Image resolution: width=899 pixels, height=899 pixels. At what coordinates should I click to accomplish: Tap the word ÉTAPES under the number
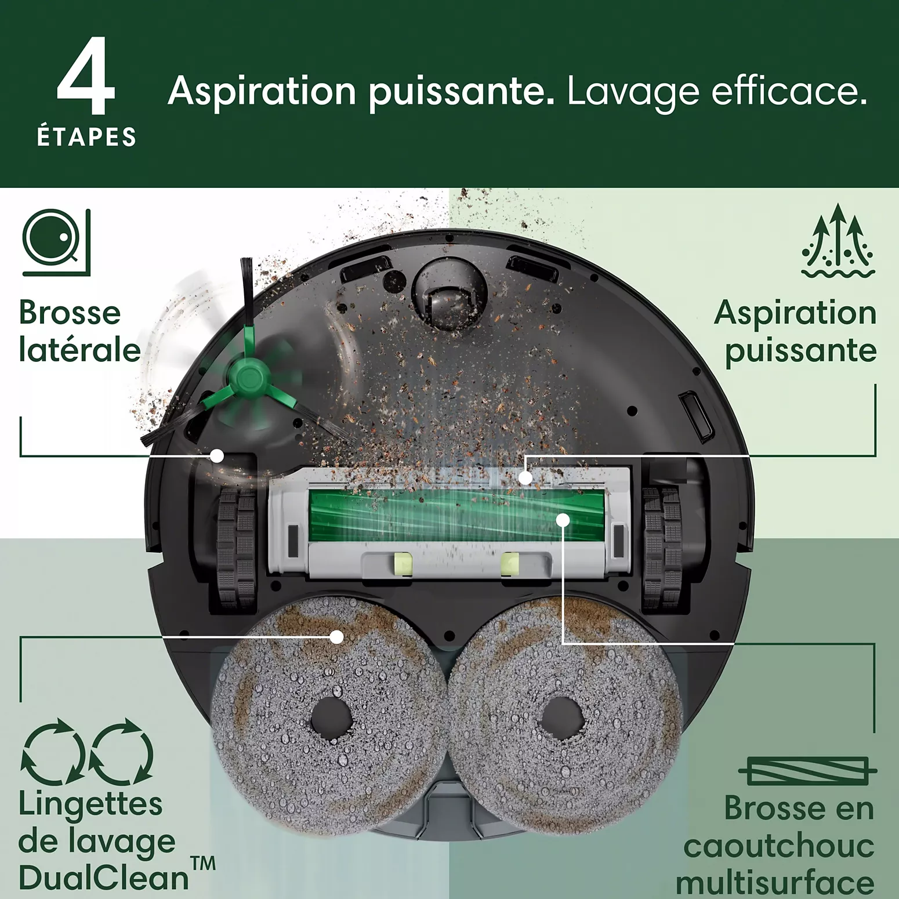[x=86, y=137]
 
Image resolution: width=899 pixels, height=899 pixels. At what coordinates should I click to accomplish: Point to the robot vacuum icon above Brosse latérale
[x=56, y=242]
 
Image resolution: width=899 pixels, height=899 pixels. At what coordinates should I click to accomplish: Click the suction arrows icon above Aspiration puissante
[x=838, y=241]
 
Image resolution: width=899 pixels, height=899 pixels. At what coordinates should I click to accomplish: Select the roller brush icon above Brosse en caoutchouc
[x=807, y=771]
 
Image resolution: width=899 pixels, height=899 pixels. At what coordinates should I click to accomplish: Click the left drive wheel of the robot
[x=237, y=548]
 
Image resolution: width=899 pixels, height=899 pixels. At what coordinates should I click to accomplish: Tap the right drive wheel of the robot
[x=662, y=548]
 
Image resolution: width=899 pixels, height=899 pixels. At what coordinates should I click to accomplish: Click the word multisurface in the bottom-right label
[x=775, y=883]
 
